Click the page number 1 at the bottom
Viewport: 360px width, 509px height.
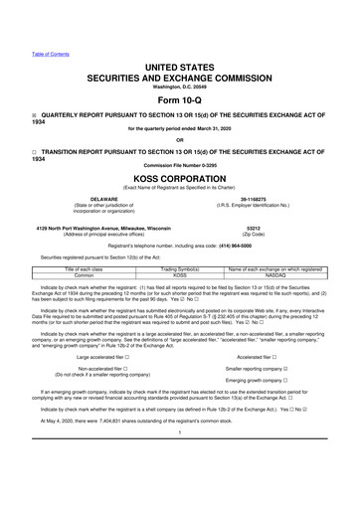click(179, 461)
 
